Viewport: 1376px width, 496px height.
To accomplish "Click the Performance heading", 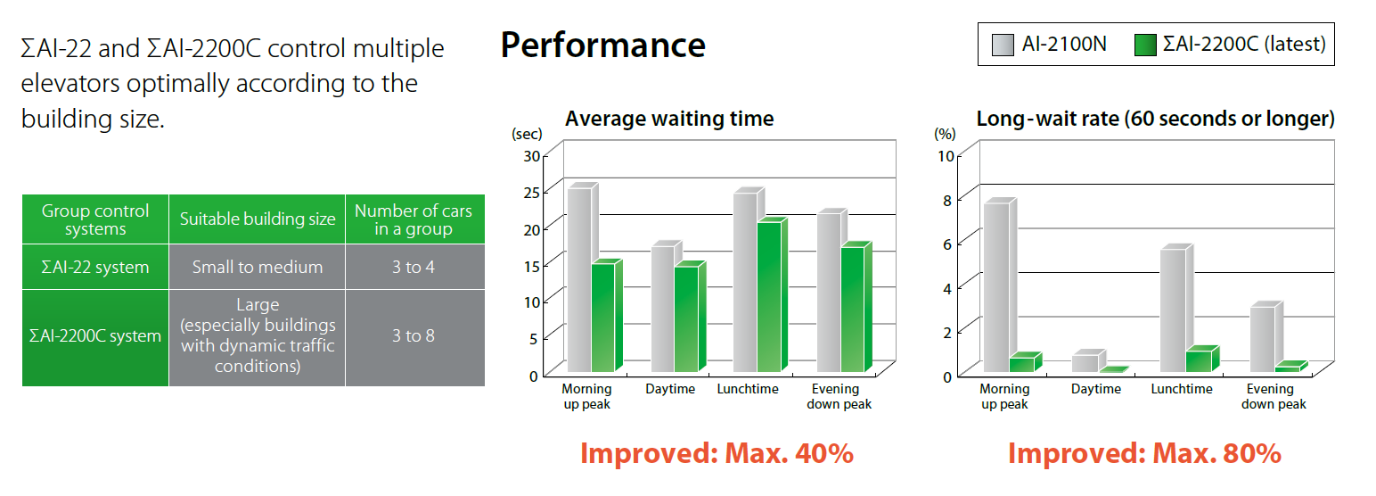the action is [x=602, y=45].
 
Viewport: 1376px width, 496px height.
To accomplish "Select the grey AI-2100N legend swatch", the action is [x=1003, y=45].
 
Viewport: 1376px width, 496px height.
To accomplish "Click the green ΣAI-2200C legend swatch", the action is [x=1146, y=45].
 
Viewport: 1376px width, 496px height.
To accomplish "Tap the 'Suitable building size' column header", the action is [x=258, y=219].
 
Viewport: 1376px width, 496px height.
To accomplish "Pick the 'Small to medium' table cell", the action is [x=258, y=267].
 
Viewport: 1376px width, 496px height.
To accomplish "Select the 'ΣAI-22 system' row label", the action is [x=95, y=267].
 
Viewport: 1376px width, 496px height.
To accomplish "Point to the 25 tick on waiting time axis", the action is [x=531, y=193].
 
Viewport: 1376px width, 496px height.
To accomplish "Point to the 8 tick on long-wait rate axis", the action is [x=947, y=201].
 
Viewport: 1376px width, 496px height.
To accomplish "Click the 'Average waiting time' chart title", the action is [x=669, y=119].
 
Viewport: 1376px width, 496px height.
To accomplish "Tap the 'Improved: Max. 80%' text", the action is [x=1144, y=453].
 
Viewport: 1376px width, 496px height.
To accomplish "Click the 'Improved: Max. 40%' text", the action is [x=717, y=453].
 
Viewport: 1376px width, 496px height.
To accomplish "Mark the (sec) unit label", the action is [x=527, y=134].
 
